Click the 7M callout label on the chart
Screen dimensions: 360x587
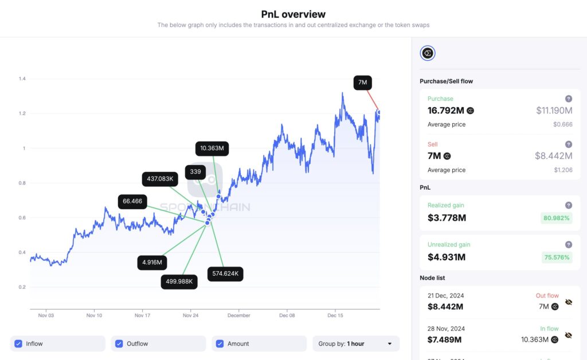point(362,83)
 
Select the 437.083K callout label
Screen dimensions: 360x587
point(160,179)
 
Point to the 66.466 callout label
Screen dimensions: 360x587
point(132,202)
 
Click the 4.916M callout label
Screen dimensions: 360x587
point(152,263)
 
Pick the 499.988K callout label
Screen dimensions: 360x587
point(179,281)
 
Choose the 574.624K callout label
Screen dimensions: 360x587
point(225,274)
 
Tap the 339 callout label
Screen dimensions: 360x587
point(195,172)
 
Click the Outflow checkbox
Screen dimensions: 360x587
point(119,344)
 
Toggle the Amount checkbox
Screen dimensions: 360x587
point(220,344)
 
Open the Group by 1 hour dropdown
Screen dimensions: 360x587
point(355,344)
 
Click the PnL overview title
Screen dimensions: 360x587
point(293,14)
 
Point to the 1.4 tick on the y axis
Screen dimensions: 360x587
point(22,79)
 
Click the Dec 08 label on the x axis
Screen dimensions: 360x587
point(287,315)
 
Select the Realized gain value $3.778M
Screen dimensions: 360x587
point(447,218)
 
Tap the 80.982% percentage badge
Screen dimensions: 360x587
point(556,218)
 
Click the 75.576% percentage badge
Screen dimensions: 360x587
point(556,257)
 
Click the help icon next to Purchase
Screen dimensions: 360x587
point(568,99)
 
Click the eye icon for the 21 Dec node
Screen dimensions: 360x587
point(569,302)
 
